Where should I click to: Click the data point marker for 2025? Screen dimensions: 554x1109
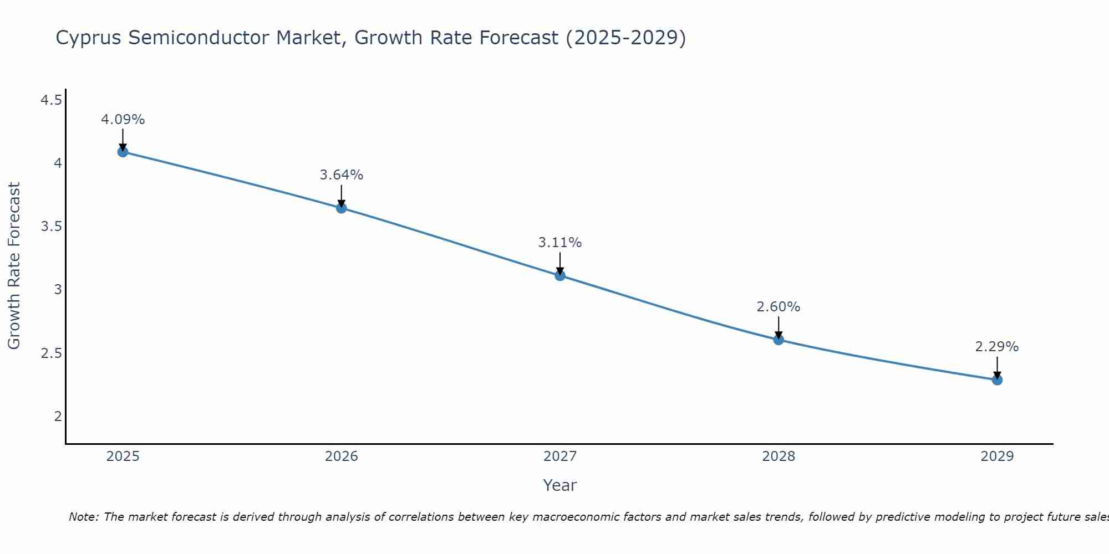123,152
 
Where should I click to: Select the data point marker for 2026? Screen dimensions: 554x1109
341,208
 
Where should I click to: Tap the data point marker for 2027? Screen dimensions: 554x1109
560,275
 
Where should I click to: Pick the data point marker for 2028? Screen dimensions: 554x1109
779,340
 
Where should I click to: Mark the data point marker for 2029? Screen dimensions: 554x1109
997,379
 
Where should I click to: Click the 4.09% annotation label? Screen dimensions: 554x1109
123,120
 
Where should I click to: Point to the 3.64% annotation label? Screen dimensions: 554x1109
341,175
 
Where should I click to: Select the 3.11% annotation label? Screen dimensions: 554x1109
560,243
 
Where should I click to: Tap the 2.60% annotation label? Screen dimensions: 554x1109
779,307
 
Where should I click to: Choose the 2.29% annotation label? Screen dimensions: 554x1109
997,347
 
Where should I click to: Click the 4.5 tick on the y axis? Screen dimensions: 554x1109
51,100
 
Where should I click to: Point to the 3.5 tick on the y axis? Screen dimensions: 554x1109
51,227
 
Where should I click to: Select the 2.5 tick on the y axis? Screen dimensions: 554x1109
51,353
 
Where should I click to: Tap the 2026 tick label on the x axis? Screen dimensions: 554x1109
341,456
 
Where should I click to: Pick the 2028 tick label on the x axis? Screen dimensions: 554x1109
779,456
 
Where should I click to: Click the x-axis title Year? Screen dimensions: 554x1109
560,485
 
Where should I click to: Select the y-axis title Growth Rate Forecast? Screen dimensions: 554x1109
14,266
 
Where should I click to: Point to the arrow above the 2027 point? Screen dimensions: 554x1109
560,263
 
